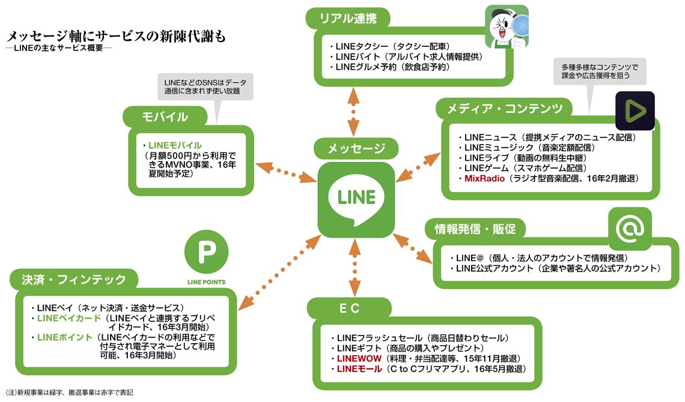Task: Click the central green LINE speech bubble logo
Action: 356,199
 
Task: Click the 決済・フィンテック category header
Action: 74,280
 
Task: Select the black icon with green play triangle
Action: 635,111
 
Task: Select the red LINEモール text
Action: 359,368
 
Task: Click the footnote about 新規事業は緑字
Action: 68,392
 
